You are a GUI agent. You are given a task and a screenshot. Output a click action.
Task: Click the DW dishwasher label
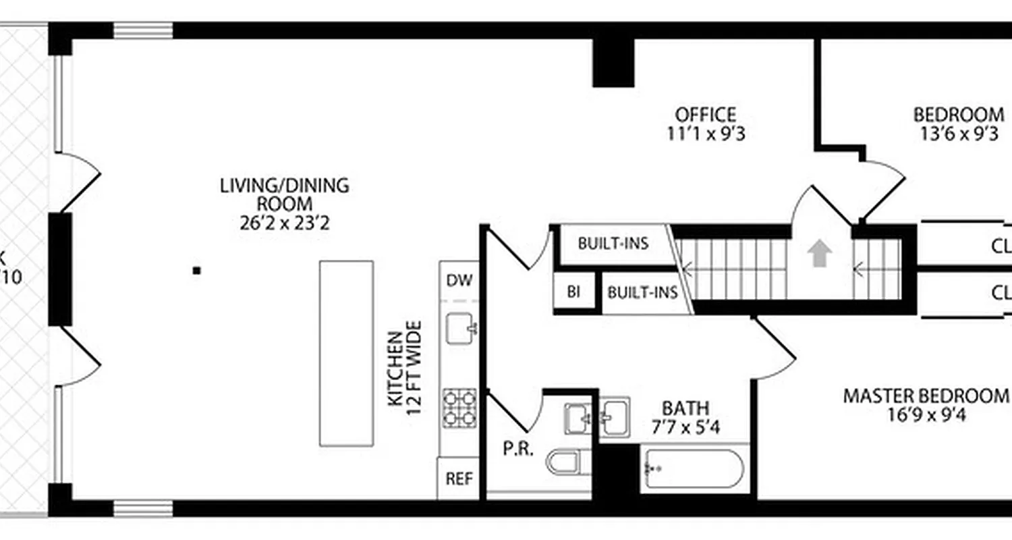[459, 280]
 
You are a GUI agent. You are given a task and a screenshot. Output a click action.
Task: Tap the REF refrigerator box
[459, 479]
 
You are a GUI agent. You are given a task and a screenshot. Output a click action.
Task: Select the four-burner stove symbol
[459, 408]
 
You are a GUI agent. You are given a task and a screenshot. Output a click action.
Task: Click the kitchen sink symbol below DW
[462, 329]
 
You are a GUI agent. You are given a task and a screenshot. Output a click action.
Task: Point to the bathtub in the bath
[693, 467]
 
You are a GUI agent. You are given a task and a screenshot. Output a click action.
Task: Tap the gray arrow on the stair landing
[820, 254]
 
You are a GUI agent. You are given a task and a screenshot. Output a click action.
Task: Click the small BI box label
[573, 292]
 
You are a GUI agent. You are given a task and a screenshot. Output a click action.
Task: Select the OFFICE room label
[705, 115]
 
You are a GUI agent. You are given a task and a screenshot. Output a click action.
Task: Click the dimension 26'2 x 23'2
[284, 223]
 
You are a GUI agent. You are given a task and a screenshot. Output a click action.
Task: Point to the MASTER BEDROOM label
[925, 396]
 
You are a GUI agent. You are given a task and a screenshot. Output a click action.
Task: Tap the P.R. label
[518, 449]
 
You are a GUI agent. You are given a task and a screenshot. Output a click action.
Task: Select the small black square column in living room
[197, 271]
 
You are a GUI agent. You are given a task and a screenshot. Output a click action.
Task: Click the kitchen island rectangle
[346, 353]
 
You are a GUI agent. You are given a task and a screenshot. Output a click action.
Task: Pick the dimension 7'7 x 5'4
[685, 427]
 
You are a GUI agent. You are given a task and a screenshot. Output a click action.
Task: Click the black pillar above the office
[613, 63]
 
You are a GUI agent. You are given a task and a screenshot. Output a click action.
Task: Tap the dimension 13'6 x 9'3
[959, 134]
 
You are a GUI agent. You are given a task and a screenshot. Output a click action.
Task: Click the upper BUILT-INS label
[613, 243]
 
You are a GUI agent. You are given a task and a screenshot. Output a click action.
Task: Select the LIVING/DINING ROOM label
[284, 194]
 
